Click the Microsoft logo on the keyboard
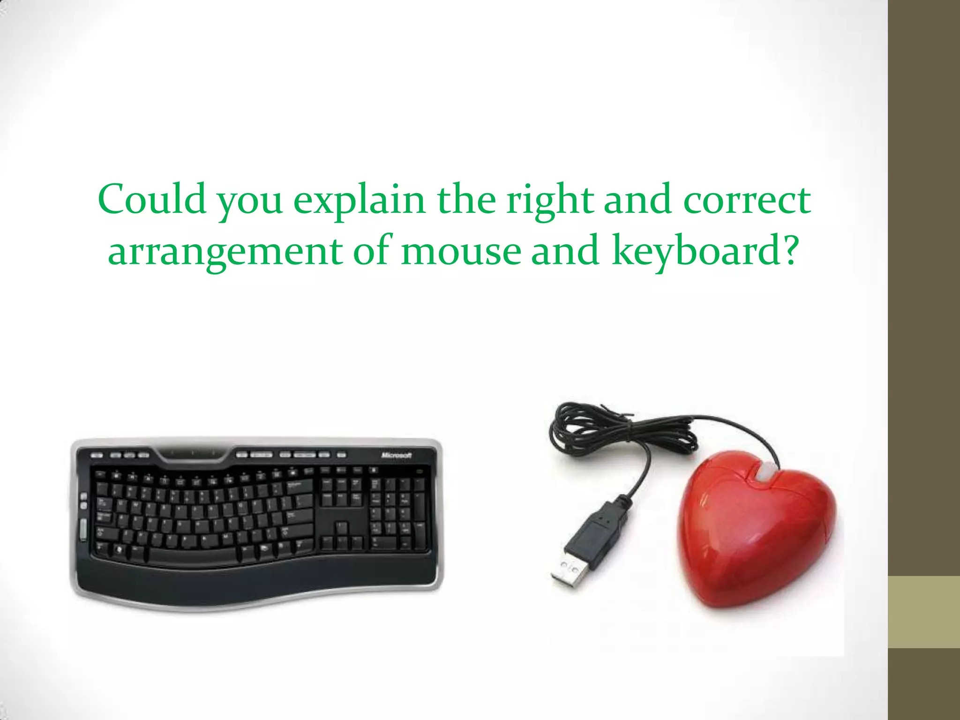click(x=396, y=455)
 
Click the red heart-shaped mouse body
click(x=755, y=534)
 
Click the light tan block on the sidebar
click(x=923, y=612)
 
